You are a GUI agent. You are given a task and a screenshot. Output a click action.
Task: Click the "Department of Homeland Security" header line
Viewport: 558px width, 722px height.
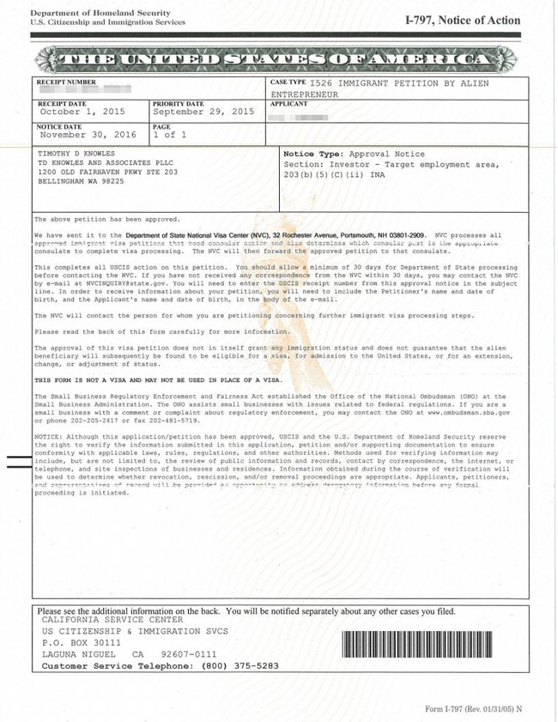point(88,13)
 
